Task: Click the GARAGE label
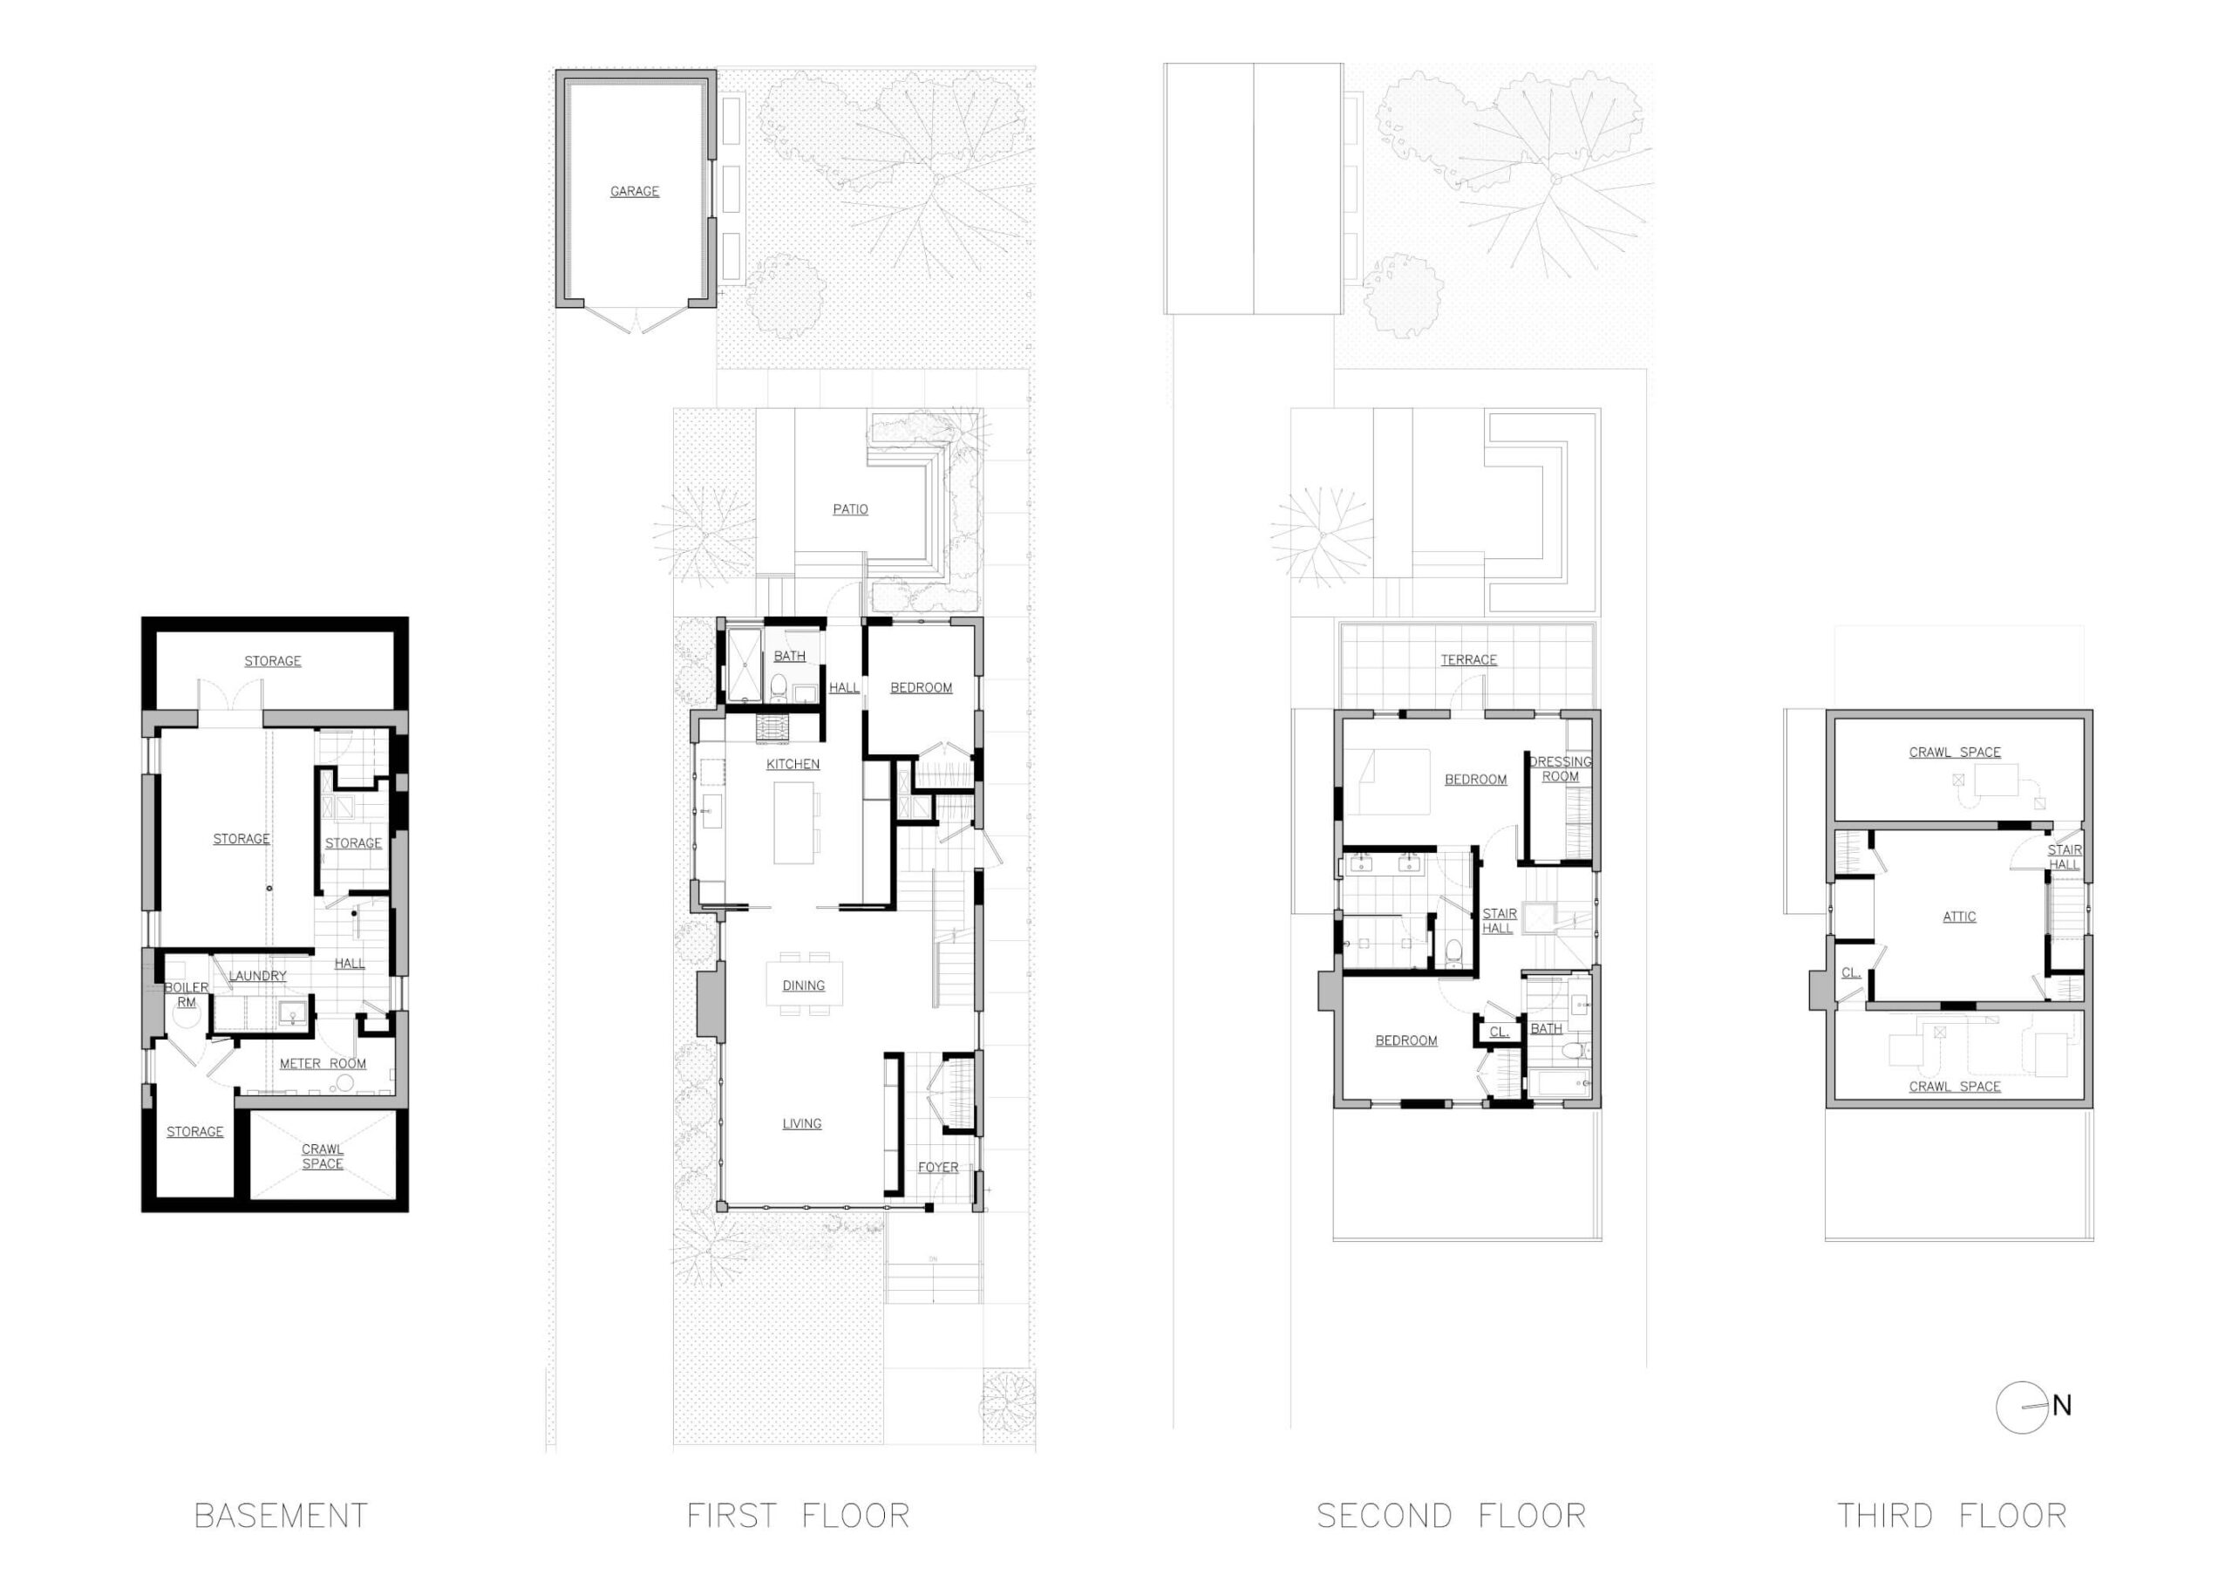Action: [634, 192]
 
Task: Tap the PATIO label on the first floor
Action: [849, 509]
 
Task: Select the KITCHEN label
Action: [793, 764]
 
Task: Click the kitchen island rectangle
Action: [793, 822]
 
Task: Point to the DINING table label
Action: [803, 985]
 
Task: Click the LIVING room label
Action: [802, 1124]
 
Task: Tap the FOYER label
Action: [937, 1168]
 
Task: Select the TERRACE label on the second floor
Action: [1468, 660]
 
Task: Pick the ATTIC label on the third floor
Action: [1959, 917]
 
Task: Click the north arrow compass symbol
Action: [2024, 1407]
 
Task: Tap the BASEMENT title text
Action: [281, 1516]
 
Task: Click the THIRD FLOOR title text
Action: [1951, 1516]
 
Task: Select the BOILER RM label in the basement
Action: [186, 994]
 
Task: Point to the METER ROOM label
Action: [323, 1064]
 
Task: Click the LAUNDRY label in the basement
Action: [257, 976]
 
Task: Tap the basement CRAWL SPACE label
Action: [322, 1157]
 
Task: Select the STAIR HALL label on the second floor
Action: [1498, 921]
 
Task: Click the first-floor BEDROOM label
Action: [921, 688]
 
